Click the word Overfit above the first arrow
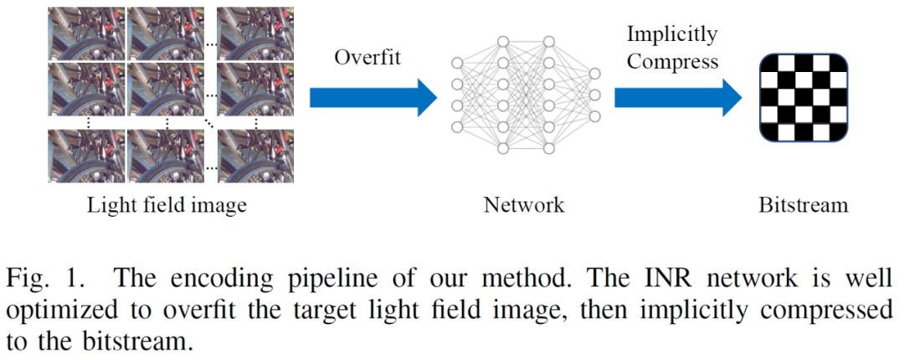click(x=367, y=58)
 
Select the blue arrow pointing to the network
click(x=373, y=99)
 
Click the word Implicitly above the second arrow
click(x=672, y=34)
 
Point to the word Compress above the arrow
click(x=673, y=60)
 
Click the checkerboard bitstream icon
click(x=804, y=97)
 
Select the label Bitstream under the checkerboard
click(x=803, y=205)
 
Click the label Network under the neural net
click(x=524, y=205)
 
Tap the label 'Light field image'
click(x=167, y=205)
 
